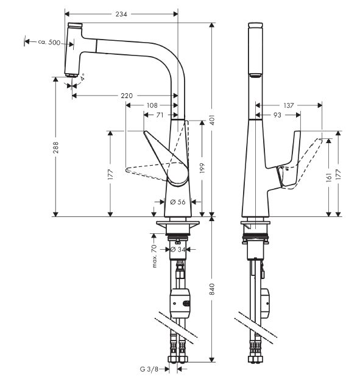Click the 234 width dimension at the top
click(x=121, y=14)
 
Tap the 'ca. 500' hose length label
click(x=49, y=42)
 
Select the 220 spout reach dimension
click(x=127, y=96)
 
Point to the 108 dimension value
click(x=152, y=105)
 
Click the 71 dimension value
click(x=160, y=115)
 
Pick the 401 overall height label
click(x=213, y=120)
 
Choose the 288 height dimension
click(x=56, y=147)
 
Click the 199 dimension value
click(x=202, y=168)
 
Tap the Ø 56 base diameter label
click(x=178, y=202)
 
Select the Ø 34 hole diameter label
click(x=177, y=250)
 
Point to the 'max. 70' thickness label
click(x=154, y=256)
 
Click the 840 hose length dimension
click(x=213, y=289)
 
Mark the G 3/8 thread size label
click(x=149, y=369)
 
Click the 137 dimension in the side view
click(x=289, y=105)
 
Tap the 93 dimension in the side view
click(x=277, y=115)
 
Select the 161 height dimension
click(x=329, y=177)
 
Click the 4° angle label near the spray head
click(x=82, y=77)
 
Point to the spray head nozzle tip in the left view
click(x=71, y=76)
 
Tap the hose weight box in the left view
click(x=180, y=303)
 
